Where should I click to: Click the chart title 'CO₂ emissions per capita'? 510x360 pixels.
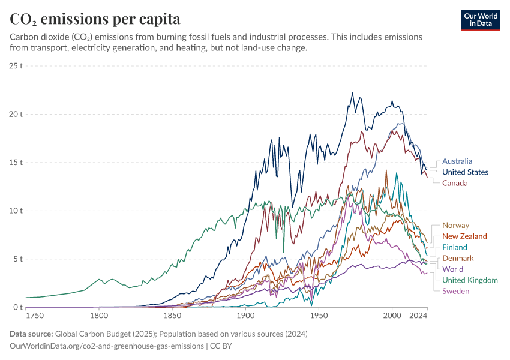[x=95, y=19]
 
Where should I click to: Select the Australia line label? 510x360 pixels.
[x=457, y=161]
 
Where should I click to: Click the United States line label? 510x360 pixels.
[x=465, y=172]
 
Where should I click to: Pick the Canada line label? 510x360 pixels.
[x=455, y=183]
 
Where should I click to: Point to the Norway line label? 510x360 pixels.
[x=455, y=226]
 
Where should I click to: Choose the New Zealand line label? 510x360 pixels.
[x=464, y=236]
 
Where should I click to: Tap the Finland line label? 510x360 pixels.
[x=454, y=247]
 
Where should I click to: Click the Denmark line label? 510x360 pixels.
[x=458, y=258]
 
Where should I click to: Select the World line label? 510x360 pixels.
[x=452, y=269]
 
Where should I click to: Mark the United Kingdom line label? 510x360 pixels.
[x=470, y=280]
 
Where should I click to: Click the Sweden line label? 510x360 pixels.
[x=455, y=291]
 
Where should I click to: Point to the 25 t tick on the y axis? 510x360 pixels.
[x=16, y=65]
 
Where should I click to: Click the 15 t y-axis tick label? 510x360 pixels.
[x=16, y=163]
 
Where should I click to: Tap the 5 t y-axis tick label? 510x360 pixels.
[x=18, y=259]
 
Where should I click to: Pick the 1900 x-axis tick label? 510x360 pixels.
[x=245, y=316]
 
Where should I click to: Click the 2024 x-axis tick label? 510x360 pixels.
[x=418, y=316]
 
